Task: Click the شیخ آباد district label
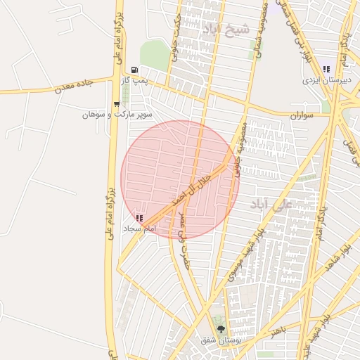pyautogui.click(x=225, y=29)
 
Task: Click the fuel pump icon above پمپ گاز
pyautogui.click(x=134, y=70)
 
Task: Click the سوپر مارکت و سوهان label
pyautogui.click(x=117, y=114)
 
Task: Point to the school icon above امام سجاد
pyautogui.click(x=139, y=219)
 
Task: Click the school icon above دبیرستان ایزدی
pyautogui.click(x=326, y=69)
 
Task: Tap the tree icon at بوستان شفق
pyautogui.click(x=221, y=329)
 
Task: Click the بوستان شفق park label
pyautogui.click(x=217, y=340)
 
